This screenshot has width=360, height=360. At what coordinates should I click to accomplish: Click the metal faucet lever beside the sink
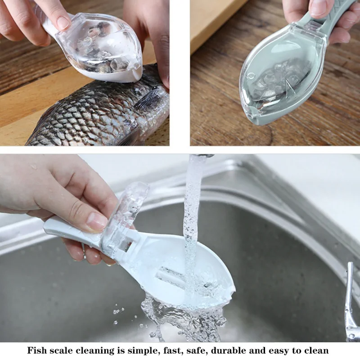[350, 297]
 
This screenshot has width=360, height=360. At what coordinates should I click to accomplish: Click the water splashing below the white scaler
[180, 315]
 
